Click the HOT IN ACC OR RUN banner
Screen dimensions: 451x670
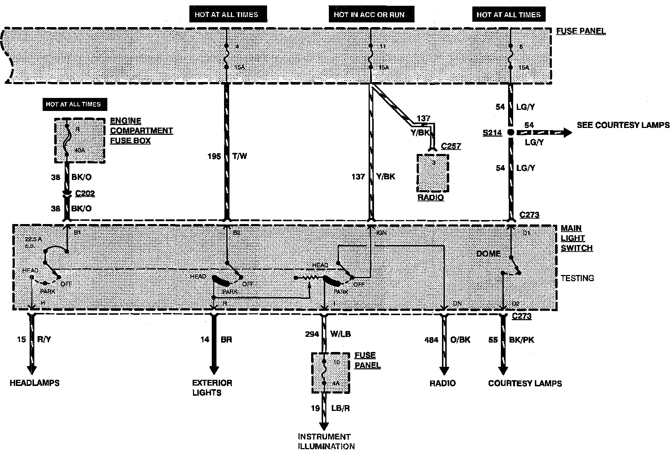point(369,15)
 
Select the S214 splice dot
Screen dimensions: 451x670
point(510,132)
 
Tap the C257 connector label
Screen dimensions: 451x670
point(451,146)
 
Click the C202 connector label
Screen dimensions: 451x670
point(85,193)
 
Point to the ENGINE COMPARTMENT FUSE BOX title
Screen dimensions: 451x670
point(141,130)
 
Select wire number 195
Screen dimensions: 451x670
point(214,156)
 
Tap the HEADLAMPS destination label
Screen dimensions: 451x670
point(34,383)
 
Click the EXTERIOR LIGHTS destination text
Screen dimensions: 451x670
point(212,387)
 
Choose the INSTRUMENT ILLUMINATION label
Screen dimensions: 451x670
point(326,441)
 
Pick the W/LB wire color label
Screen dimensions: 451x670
point(340,334)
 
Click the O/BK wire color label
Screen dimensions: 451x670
point(460,340)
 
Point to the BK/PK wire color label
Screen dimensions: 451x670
point(521,340)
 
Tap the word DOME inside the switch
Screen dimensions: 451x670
point(488,253)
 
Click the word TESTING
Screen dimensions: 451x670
point(577,278)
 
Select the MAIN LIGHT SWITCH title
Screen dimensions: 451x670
point(576,238)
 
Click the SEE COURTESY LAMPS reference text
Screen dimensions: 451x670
point(623,125)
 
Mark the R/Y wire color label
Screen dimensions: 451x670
point(44,339)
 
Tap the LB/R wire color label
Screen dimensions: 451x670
point(340,408)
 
